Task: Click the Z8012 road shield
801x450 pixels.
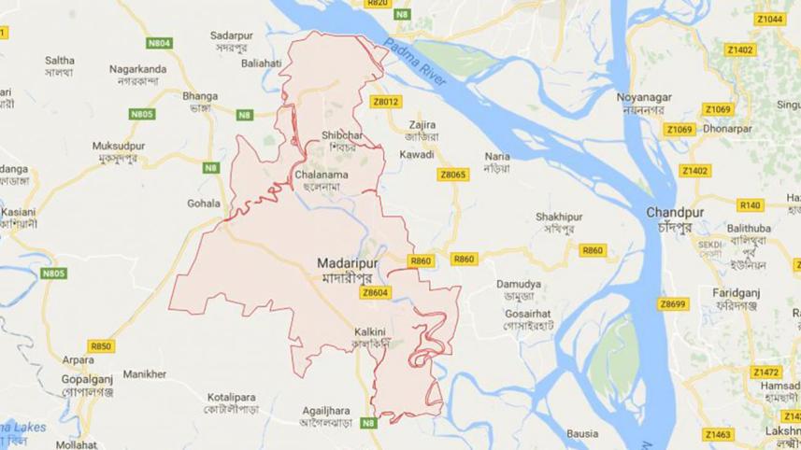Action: [385, 102]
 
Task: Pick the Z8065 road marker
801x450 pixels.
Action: [452, 175]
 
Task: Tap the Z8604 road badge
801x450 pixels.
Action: [374, 292]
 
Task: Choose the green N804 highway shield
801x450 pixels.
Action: [160, 43]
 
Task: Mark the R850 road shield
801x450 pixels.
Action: [102, 346]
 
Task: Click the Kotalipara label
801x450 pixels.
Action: [232, 397]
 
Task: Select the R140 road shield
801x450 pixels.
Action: [751, 204]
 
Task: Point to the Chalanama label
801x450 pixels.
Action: [321, 174]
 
